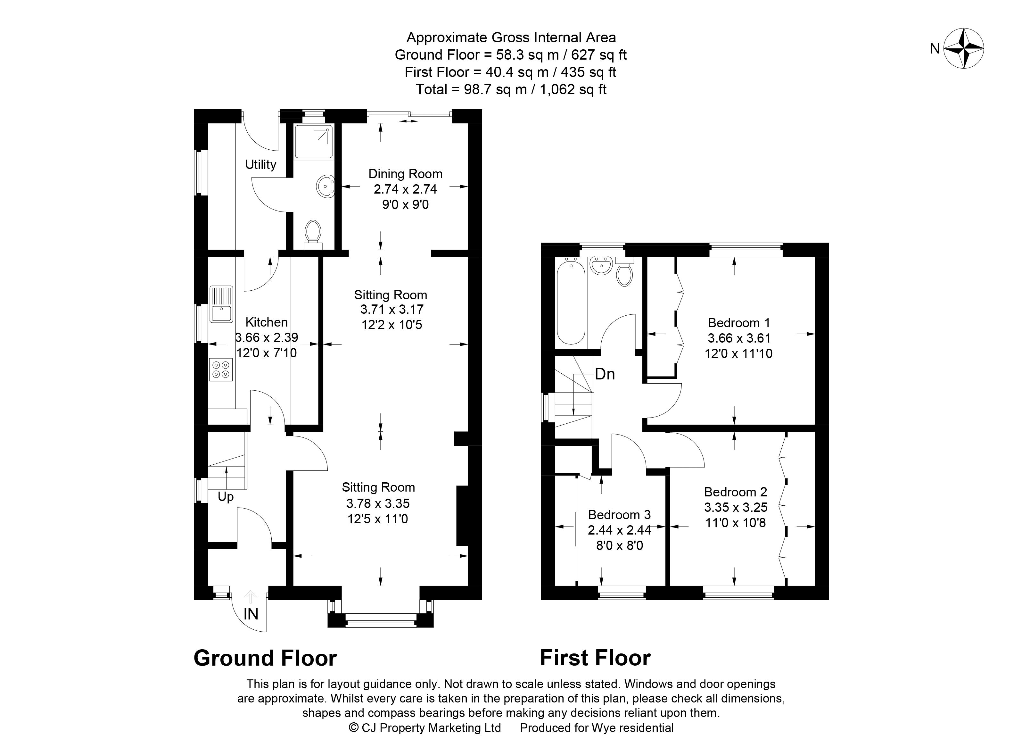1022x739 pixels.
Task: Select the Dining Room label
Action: [x=405, y=174]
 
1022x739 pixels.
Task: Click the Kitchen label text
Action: [x=266, y=322]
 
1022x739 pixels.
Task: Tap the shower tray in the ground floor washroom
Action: [x=314, y=142]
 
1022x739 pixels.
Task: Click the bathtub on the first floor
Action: [x=571, y=303]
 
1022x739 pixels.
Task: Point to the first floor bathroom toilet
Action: [x=624, y=272]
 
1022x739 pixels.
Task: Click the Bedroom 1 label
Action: [x=739, y=323]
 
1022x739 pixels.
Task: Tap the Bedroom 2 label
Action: [x=735, y=492]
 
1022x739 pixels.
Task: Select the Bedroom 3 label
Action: [x=620, y=515]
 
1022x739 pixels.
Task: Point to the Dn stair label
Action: [x=605, y=374]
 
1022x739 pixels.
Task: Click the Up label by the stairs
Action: [x=226, y=497]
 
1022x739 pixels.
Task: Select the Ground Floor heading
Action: [x=265, y=658]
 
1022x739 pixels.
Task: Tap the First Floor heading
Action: [x=595, y=658]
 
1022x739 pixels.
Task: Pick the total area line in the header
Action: [x=511, y=89]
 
